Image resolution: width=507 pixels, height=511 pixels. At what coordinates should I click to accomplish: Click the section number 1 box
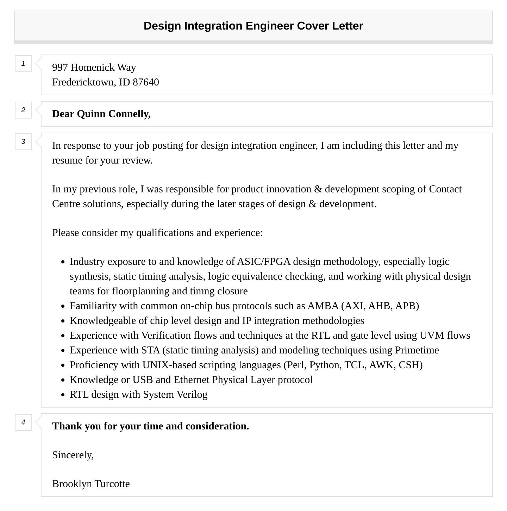pyautogui.click(x=23, y=64)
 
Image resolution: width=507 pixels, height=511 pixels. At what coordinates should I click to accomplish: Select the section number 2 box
pyautogui.click(x=23, y=110)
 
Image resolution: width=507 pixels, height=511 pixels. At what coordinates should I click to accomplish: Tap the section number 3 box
pyautogui.click(x=23, y=142)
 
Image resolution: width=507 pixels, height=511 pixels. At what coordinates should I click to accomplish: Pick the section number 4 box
pyautogui.click(x=23, y=422)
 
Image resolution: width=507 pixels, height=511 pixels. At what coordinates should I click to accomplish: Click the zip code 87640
pyautogui.click(x=146, y=82)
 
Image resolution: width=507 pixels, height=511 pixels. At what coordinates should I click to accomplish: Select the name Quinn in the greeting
pyautogui.click(x=91, y=114)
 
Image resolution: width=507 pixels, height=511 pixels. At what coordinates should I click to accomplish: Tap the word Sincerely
pyautogui.click(x=73, y=455)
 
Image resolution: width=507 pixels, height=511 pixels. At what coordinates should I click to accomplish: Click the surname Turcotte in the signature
pyautogui.click(x=112, y=484)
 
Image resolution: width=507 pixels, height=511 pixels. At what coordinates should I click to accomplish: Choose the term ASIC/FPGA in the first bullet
pyautogui.click(x=264, y=262)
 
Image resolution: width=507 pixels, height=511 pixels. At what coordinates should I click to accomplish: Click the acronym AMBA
pyautogui.click(x=323, y=306)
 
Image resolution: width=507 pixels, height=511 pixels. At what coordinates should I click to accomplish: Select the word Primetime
pyautogui.click(x=417, y=350)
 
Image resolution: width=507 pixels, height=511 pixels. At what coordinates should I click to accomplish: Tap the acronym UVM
pyautogui.click(x=432, y=336)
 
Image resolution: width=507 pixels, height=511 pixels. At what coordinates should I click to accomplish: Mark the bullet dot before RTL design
pyautogui.click(x=63, y=395)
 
